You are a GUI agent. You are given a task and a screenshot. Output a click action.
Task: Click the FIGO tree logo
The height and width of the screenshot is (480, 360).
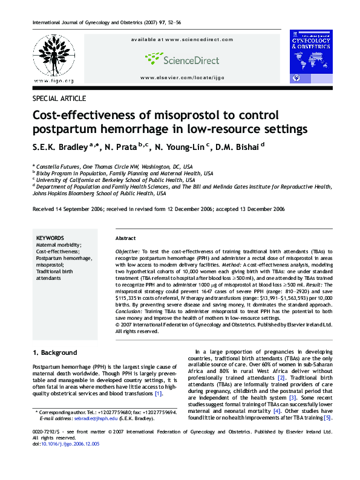54,55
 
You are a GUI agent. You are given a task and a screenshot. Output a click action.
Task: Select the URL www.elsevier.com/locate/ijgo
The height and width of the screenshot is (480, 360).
182,78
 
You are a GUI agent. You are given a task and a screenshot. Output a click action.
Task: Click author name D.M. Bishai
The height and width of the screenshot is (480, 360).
241,146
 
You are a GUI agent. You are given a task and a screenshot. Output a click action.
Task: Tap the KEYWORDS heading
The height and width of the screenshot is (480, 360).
51,238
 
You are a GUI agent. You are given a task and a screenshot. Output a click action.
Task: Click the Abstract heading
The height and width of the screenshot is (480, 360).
125,238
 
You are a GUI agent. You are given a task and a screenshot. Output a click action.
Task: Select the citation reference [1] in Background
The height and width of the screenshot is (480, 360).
159,394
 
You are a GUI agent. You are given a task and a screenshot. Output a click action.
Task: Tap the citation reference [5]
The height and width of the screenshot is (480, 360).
327,418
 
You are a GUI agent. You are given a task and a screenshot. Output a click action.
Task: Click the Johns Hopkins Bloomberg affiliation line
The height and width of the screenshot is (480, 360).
100,193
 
